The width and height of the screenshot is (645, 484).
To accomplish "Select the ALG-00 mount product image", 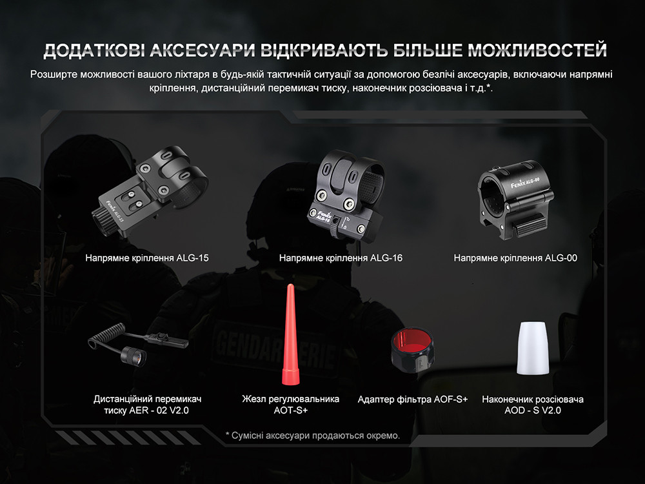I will [x=516, y=196].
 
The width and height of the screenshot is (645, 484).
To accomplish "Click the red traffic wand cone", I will [x=288, y=323].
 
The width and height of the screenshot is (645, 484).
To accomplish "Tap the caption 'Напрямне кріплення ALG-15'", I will [x=147, y=258].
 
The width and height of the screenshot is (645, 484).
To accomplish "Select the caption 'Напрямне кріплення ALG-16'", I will [x=341, y=258].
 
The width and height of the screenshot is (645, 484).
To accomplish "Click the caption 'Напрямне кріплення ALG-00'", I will [x=515, y=258].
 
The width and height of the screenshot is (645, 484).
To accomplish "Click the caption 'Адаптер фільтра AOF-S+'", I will [x=413, y=399].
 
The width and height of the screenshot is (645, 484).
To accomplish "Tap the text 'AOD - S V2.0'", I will [x=533, y=410].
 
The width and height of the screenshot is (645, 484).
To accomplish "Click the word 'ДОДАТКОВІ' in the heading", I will [x=91, y=50].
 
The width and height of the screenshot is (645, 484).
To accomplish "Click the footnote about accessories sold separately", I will [x=313, y=436].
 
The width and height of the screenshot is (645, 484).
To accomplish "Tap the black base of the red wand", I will [x=289, y=377].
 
